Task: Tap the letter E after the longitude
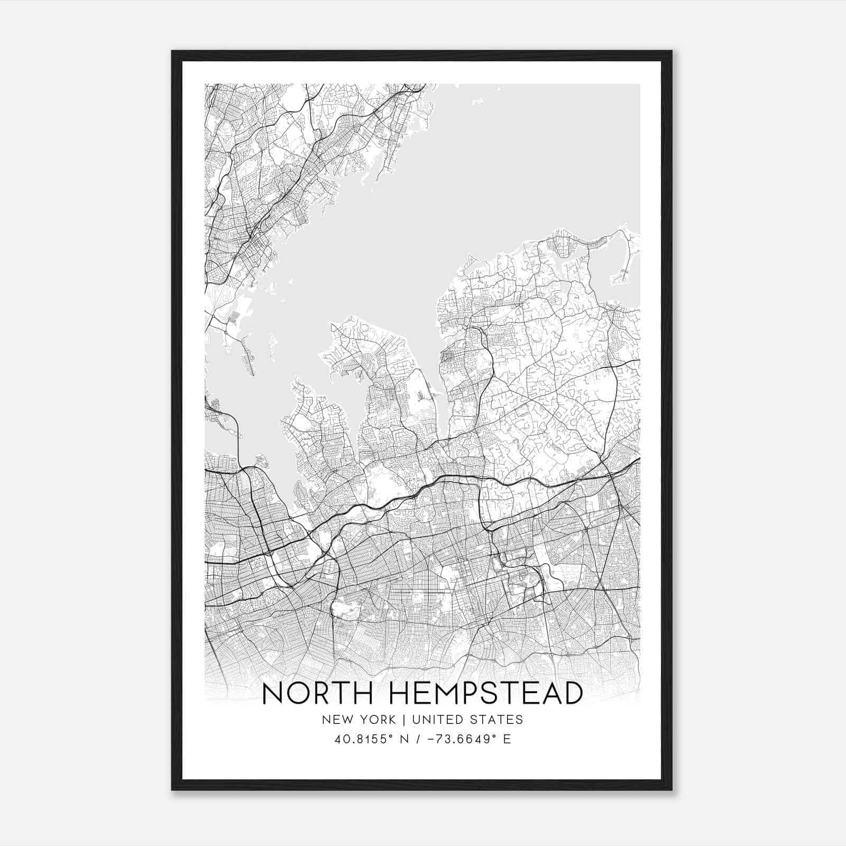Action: pos(507,739)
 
